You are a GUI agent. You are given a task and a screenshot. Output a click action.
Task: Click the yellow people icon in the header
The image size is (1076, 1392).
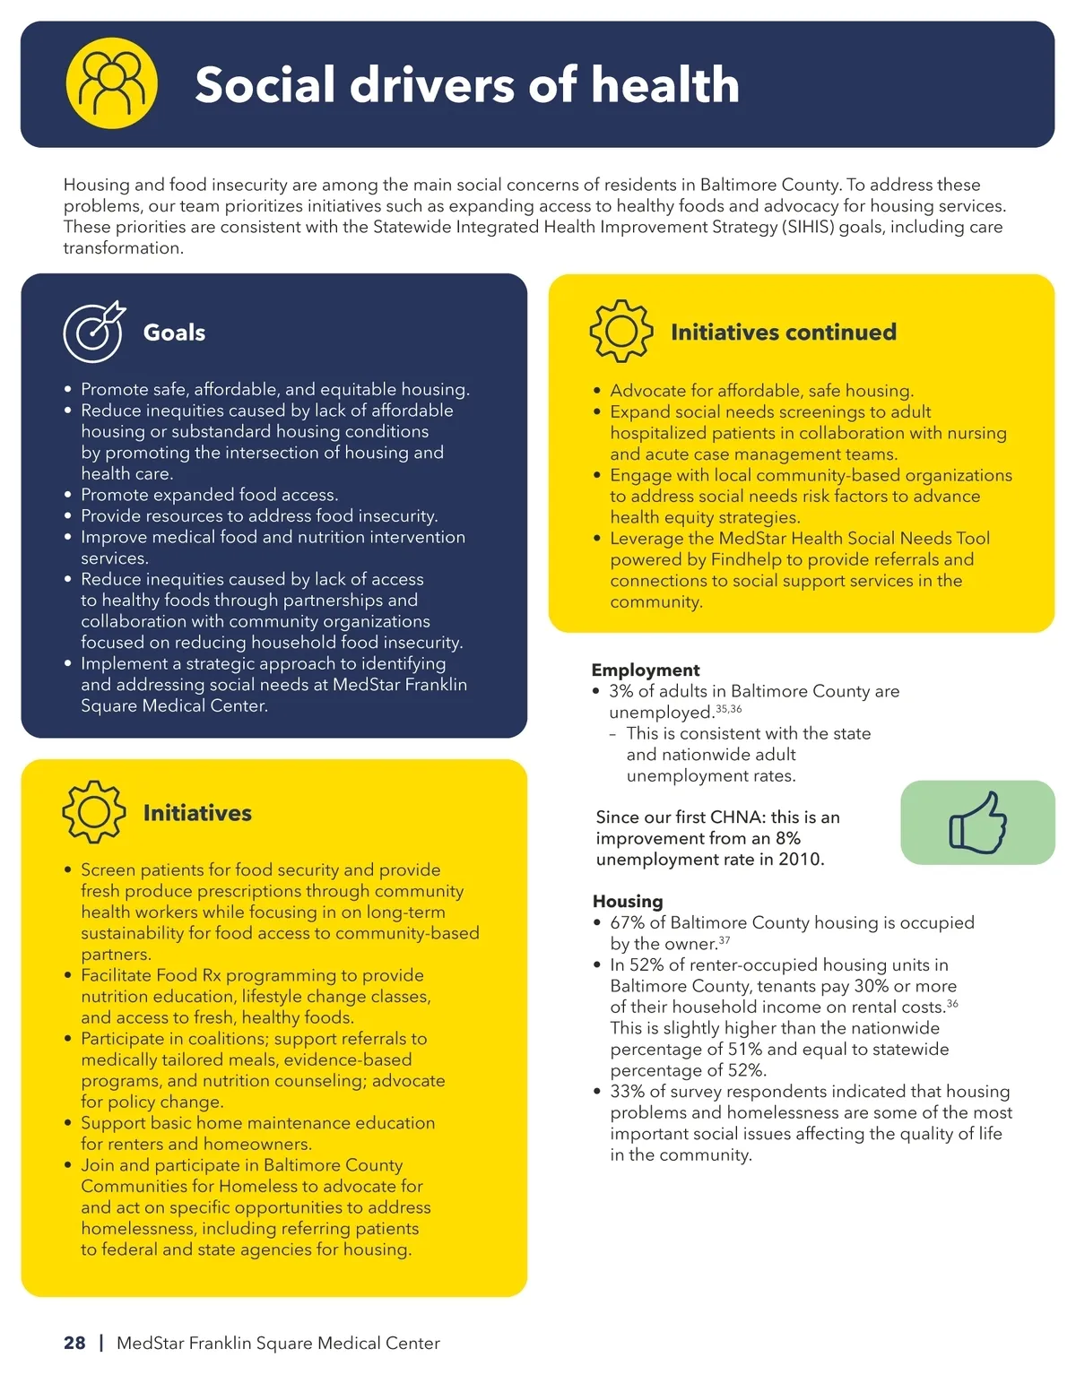[112, 83]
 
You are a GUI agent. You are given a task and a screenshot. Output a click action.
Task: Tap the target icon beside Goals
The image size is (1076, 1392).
[94, 333]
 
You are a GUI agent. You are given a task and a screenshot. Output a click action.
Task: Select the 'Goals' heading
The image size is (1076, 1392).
[174, 333]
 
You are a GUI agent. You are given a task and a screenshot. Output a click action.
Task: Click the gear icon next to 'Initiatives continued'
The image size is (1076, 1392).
[620, 332]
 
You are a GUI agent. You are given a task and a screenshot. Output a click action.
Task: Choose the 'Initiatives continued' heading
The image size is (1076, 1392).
[783, 333]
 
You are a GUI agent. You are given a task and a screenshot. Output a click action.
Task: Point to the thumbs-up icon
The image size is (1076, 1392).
[977, 822]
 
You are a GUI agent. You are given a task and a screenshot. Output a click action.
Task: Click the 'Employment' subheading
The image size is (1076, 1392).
[645, 670]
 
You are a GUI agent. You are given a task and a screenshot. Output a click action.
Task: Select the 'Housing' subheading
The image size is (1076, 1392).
[628, 901]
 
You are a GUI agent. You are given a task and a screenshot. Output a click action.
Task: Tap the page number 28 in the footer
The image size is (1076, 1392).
[74, 1343]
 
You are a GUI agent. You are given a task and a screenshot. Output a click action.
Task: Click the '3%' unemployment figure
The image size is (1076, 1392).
[620, 691]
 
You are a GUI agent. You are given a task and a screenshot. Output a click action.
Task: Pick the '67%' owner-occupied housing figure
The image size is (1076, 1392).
[627, 922]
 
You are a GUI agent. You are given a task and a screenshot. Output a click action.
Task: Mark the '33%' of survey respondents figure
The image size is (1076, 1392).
[627, 1091]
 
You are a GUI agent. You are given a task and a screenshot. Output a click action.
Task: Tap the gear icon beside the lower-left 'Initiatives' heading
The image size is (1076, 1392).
[93, 812]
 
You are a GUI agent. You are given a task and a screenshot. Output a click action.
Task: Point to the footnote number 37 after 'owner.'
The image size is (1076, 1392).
[725, 940]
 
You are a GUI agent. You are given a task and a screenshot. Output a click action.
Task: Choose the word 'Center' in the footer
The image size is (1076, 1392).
[412, 1343]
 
